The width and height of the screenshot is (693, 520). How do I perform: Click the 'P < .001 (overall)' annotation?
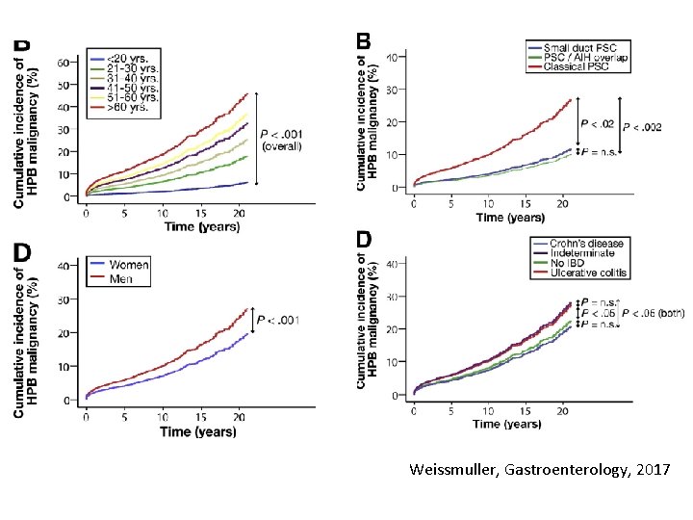[282, 141]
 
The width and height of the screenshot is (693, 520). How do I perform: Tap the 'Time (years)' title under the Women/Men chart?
[197, 430]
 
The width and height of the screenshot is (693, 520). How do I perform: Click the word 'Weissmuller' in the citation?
[452, 470]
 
